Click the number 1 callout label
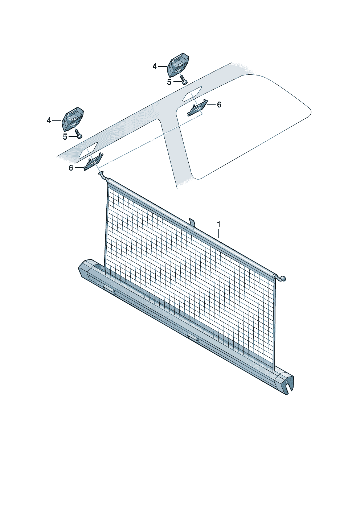pyautogui.click(x=218, y=225)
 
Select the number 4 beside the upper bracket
pyautogui.click(x=155, y=67)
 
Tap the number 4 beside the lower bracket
pyautogui.click(x=49, y=120)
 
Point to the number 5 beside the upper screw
pyautogui.click(x=169, y=82)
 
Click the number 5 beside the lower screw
pyautogui.click(x=65, y=137)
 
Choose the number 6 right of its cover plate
pyautogui.click(x=219, y=105)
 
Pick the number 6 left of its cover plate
pyautogui.click(x=71, y=168)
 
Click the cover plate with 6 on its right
pyautogui.click(x=197, y=107)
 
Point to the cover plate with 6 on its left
pyautogui.click(x=94, y=161)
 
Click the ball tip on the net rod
pyautogui.click(x=283, y=278)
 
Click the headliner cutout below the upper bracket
pyautogui.click(x=192, y=94)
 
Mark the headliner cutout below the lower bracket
pyautogui.click(x=88, y=150)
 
